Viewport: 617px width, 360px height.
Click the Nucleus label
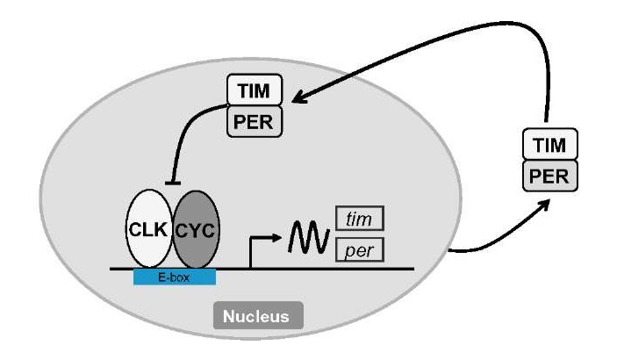(x=259, y=314)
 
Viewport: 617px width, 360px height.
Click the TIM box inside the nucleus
(x=255, y=90)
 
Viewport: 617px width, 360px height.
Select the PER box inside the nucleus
(x=255, y=120)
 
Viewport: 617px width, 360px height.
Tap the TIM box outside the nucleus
(x=549, y=143)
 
